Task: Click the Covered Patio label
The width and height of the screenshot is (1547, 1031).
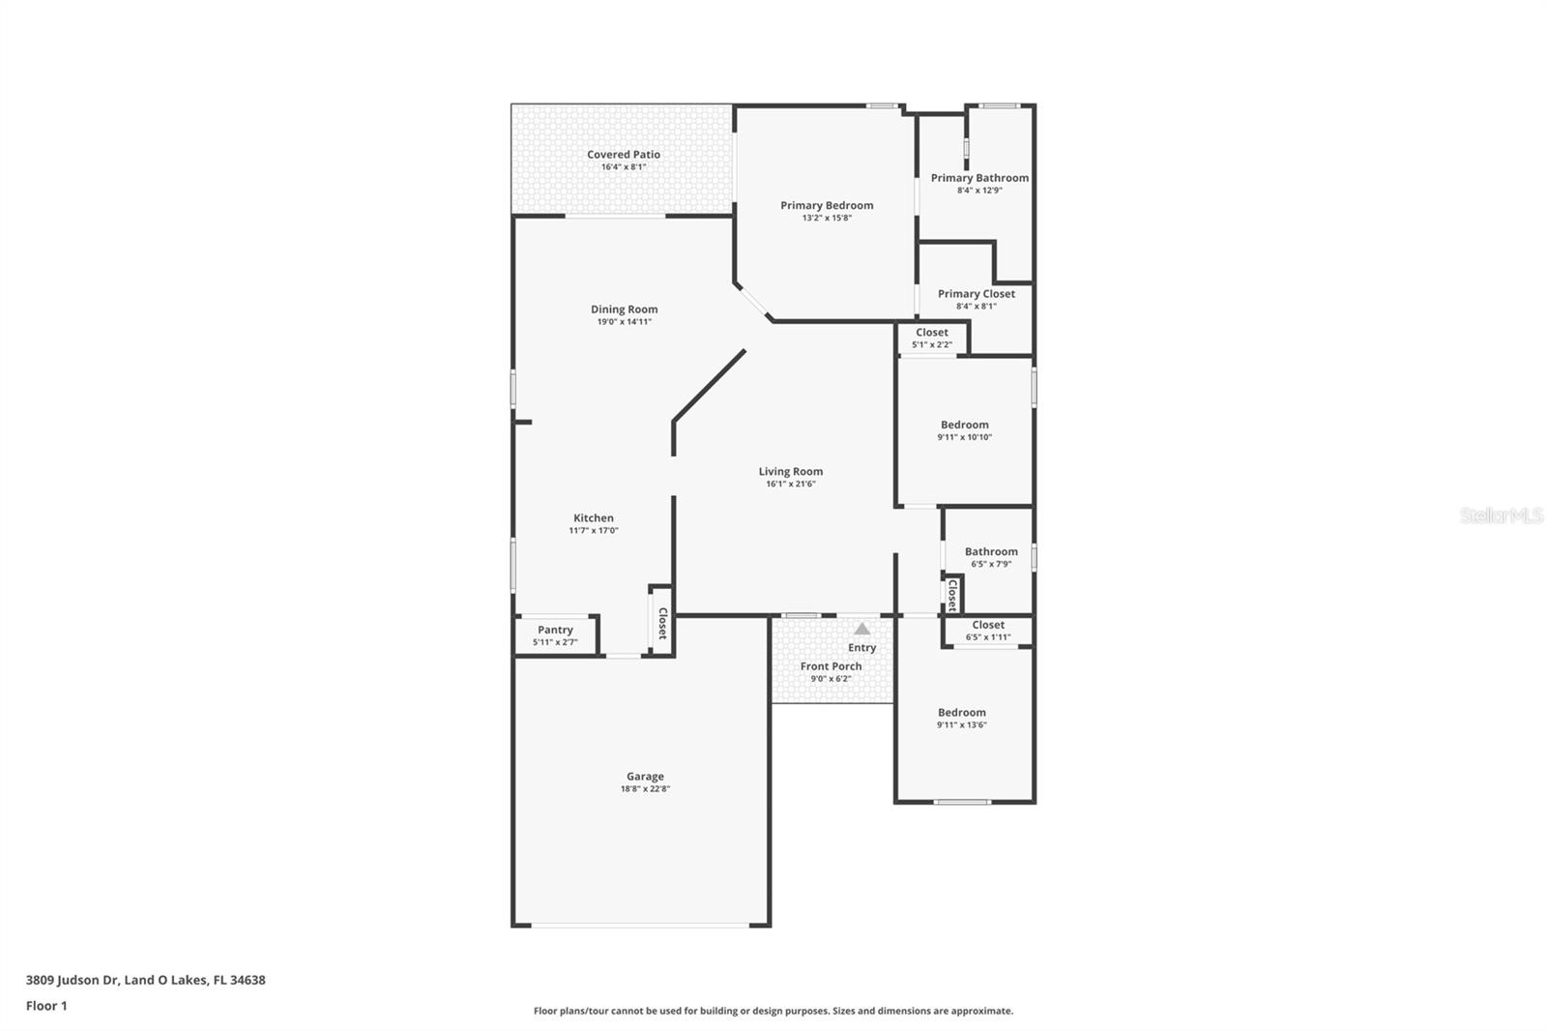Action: coord(624,155)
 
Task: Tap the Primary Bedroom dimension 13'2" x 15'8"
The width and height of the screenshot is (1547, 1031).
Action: coord(827,219)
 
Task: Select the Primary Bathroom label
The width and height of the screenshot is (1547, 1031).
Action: coord(979,178)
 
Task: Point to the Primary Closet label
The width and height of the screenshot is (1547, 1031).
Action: coord(977,294)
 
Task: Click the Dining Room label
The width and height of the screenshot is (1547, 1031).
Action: coord(625,309)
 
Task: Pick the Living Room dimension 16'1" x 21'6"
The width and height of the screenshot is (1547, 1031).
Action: coord(791,484)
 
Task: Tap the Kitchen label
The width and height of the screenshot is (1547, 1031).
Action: coord(594,518)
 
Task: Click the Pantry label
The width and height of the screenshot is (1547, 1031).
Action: coord(555,630)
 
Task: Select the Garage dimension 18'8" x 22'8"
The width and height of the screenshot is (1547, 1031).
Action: coord(645,789)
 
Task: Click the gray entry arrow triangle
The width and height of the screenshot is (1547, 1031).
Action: coord(861,629)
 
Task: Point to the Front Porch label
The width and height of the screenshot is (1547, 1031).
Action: coord(831,666)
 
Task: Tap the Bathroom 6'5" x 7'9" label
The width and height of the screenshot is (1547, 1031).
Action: coord(991,552)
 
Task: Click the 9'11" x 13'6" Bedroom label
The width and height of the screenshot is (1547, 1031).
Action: coord(961,713)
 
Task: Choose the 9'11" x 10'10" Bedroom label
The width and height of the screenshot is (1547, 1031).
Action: coord(964,425)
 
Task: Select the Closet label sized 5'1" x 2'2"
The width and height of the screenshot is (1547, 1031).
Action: coord(932,333)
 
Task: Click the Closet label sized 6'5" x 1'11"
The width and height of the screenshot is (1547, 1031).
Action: coord(988,625)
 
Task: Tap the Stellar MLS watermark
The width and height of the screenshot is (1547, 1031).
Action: coord(1501,516)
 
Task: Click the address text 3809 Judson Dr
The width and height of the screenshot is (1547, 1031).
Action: coord(73,980)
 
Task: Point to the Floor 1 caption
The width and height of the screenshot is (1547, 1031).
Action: coord(46,1006)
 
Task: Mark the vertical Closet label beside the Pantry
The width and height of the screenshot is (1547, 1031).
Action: coord(662,623)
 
